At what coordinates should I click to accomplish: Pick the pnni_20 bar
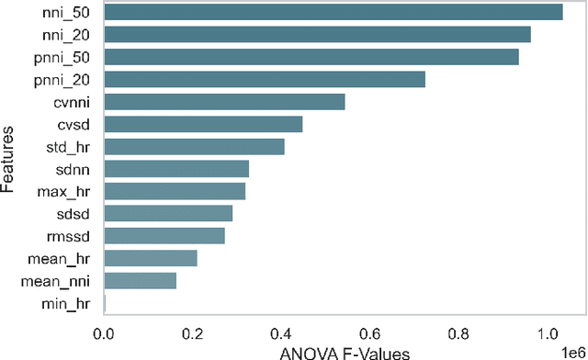point(265,79)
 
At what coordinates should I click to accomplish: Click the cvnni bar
point(225,102)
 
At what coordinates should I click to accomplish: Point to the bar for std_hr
point(195,146)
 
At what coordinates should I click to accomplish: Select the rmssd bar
point(164,236)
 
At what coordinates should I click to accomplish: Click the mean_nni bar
point(141,280)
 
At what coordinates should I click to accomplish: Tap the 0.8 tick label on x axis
point(459,332)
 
